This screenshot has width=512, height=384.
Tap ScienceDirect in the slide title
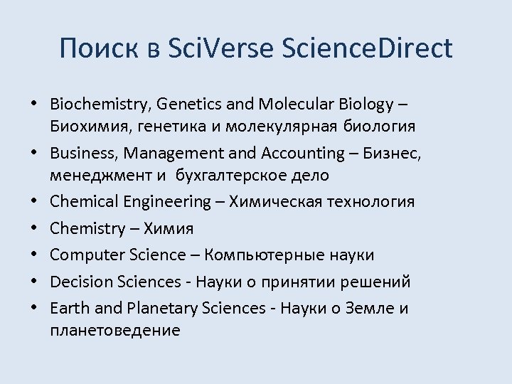point(367,48)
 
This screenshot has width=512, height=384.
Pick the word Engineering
point(168,201)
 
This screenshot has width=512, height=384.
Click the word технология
point(369,201)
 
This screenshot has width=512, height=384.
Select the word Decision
point(78,282)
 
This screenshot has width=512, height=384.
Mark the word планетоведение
point(115,330)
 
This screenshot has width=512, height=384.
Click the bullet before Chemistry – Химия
point(35,229)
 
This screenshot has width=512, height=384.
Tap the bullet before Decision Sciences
point(35,282)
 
